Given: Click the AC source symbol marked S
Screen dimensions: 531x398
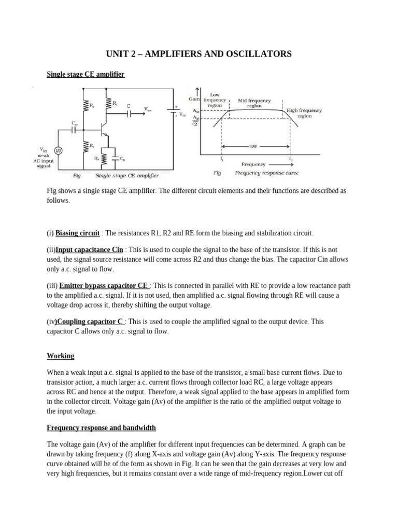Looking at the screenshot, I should [58, 151].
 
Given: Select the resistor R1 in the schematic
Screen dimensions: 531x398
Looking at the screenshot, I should [86, 106].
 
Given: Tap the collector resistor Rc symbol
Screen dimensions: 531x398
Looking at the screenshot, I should [108, 105].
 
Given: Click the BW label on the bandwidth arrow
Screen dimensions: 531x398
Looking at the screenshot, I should [253, 146].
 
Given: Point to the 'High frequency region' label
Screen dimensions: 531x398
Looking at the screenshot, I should [304, 113].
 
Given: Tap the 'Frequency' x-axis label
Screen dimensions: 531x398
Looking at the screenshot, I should [253, 164].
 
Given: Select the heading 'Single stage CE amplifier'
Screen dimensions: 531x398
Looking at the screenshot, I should [86, 75].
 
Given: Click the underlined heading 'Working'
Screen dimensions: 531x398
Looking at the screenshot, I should [61, 356].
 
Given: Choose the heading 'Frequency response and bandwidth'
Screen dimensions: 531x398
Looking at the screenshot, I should [101, 428].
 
